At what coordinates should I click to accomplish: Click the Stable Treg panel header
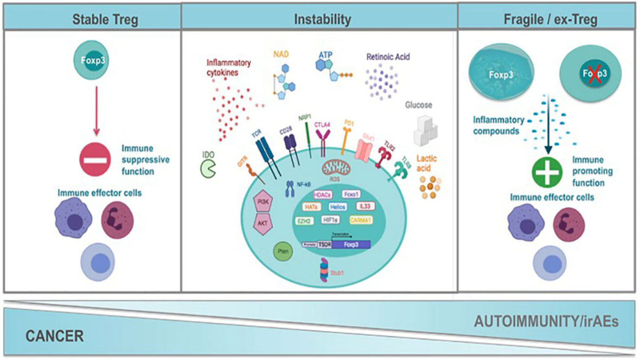105,20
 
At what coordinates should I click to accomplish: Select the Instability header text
322,19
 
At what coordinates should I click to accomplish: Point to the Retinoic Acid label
389,56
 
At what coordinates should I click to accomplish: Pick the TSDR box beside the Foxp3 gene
324,245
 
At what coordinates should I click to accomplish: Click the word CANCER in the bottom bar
54,336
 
